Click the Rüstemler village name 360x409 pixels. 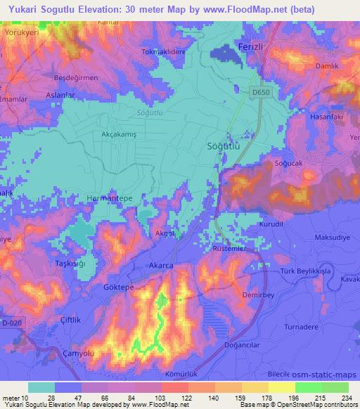tap(230, 248)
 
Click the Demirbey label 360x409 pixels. tap(257, 296)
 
